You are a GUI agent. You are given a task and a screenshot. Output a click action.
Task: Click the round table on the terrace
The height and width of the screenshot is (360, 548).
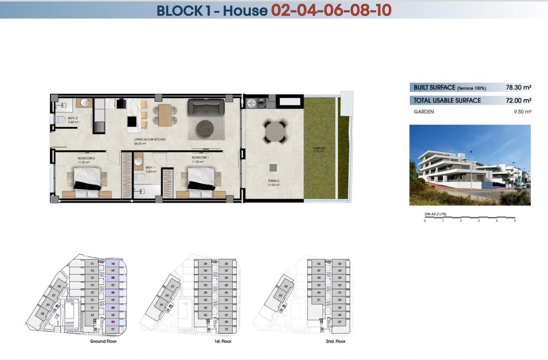point(275,131)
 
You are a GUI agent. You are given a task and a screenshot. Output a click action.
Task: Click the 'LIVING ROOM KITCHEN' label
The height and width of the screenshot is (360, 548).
point(149,140)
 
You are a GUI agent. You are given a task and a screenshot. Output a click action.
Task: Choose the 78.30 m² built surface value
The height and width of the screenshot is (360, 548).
point(518,87)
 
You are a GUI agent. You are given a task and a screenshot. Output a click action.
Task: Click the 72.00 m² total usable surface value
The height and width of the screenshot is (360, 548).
point(518,100)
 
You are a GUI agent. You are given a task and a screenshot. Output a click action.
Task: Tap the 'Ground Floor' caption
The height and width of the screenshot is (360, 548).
point(104,341)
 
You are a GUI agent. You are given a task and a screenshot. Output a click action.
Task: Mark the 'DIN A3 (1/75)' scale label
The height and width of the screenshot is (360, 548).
point(435,214)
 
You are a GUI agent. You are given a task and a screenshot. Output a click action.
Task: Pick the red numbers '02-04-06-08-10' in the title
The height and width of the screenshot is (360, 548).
point(331,10)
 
